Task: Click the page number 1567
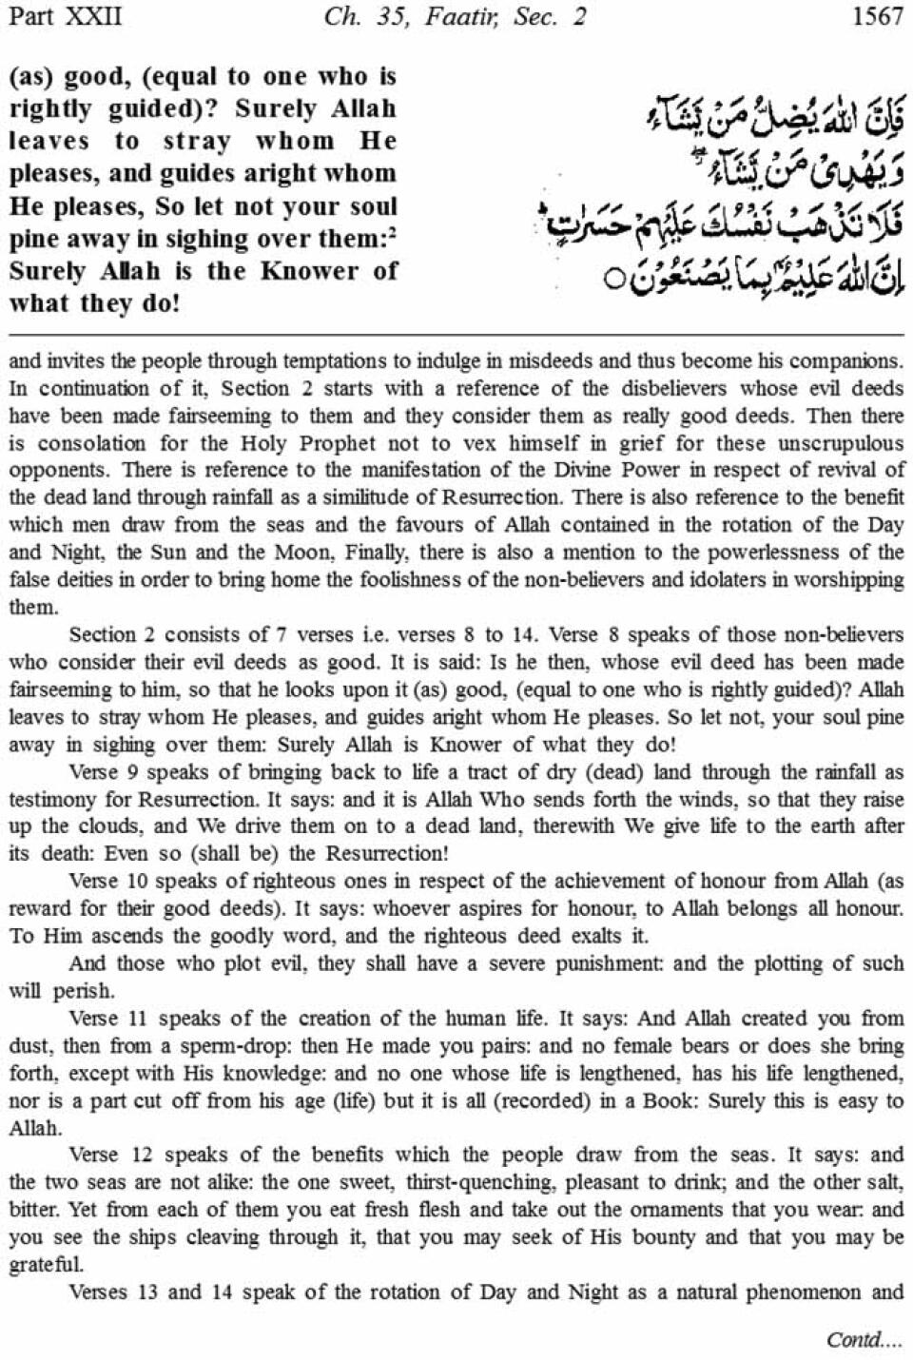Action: click(x=878, y=17)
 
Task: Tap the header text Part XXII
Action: click(x=65, y=17)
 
